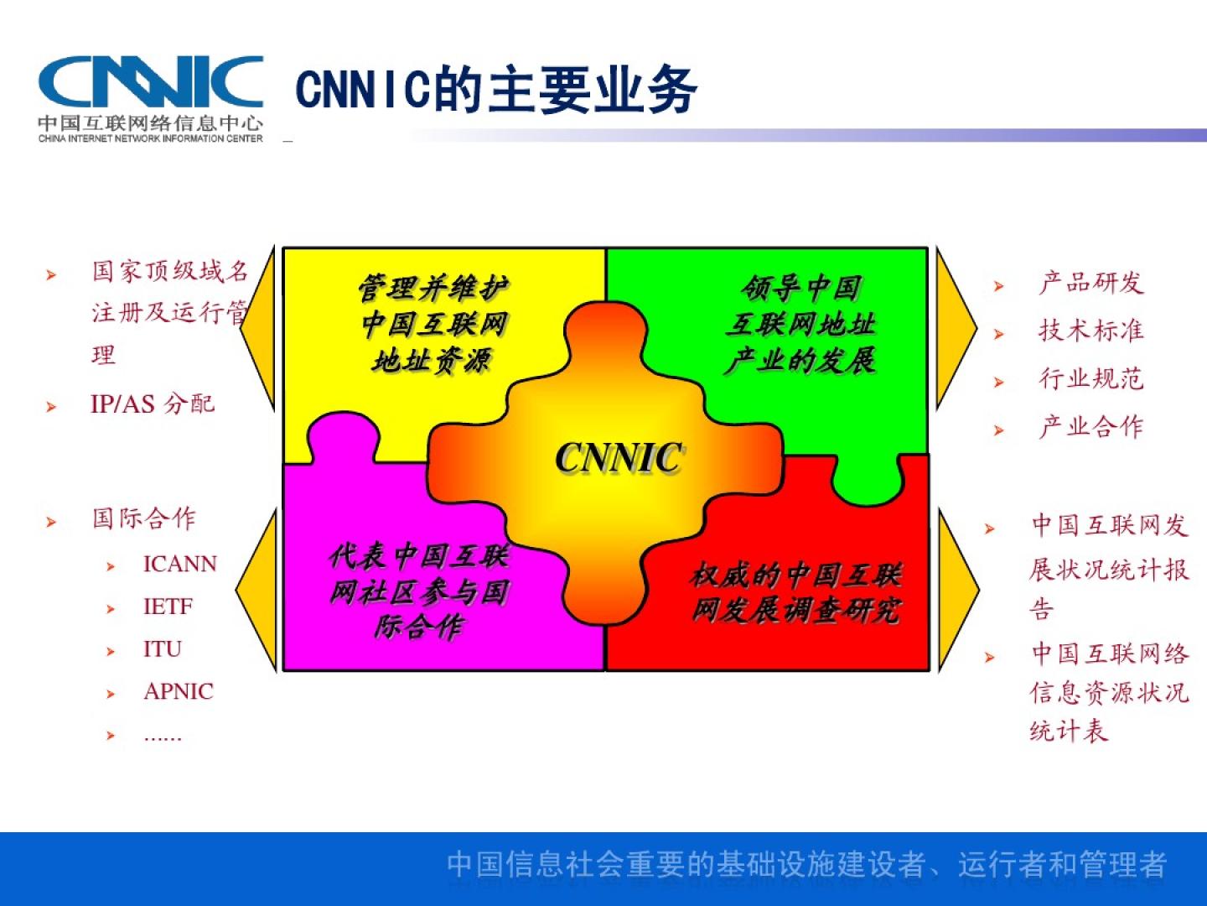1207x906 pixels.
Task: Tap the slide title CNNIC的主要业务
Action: [496, 90]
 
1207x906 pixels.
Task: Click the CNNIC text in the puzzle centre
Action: [619, 458]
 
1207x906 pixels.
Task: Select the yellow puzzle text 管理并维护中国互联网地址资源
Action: [433, 325]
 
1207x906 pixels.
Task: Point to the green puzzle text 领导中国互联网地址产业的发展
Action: [800, 325]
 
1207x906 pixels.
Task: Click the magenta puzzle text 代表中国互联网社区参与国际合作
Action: [420, 591]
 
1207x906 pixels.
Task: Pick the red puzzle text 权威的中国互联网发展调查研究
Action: [795, 592]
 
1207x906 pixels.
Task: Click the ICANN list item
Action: [180, 564]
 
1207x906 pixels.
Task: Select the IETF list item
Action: [168, 607]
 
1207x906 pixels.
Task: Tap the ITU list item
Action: [163, 649]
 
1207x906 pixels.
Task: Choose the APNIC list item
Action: [179, 691]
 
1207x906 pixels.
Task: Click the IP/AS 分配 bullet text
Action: [153, 404]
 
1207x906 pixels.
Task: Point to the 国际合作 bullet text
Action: [143, 518]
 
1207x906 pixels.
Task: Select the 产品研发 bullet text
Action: [1091, 283]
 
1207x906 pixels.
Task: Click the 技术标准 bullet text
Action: [1091, 331]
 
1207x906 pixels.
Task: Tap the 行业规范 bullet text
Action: [1091, 379]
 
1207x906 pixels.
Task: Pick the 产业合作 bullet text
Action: [1091, 427]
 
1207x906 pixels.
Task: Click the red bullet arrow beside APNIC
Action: [111, 694]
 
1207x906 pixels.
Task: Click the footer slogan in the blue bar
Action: [806, 864]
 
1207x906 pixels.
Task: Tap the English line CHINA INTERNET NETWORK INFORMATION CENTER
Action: [150, 138]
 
